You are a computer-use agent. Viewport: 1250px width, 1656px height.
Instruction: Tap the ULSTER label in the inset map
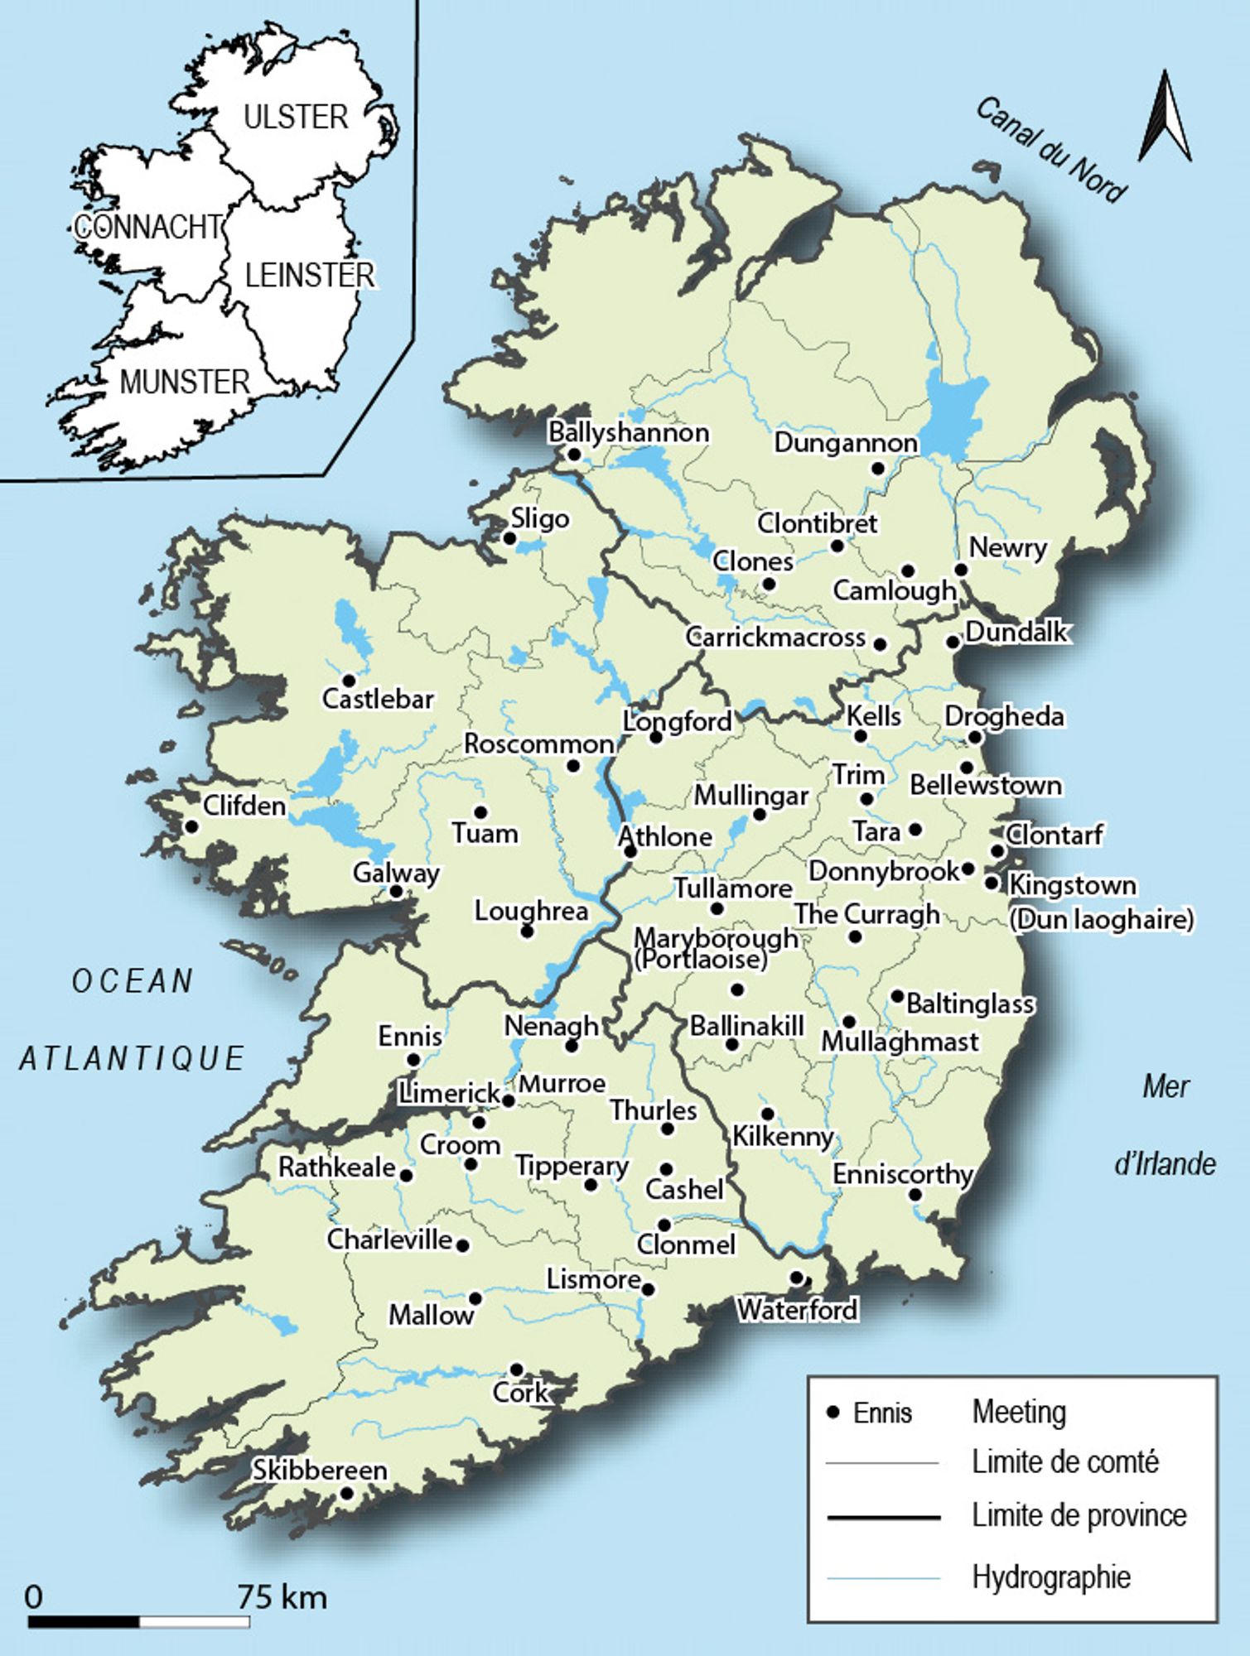tap(296, 118)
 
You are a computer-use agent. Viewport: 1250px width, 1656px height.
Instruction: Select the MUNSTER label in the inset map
tap(185, 383)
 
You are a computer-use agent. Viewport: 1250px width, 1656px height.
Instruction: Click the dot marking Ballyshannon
tap(573, 454)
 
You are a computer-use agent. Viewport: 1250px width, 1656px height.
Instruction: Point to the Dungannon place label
tap(845, 443)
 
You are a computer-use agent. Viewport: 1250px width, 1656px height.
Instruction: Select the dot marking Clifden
tap(191, 826)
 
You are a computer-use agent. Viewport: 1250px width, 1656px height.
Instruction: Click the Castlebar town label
tap(378, 700)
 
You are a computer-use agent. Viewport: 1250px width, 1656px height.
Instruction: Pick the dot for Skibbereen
tap(347, 1494)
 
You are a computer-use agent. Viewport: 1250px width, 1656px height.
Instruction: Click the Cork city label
tap(520, 1394)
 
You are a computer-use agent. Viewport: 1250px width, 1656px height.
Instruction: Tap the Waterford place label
tap(797, 1310)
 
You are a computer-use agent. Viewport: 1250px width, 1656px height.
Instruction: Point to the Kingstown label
tap(1072, 885)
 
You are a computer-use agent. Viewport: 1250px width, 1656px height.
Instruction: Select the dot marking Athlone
tap(630, 851)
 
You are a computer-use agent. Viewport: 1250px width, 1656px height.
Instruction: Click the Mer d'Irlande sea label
tap(1166, 1125)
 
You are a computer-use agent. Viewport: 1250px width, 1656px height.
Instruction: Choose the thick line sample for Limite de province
tap(883, 1518)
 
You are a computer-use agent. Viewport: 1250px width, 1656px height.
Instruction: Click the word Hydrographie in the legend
tap(1050, 1577)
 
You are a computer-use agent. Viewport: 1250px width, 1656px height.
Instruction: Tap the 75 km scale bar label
tap(282, 1597)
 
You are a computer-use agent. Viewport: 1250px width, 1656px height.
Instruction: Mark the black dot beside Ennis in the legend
tap(834, 1412)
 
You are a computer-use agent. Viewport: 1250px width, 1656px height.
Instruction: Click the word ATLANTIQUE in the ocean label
tap(133, 1058)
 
